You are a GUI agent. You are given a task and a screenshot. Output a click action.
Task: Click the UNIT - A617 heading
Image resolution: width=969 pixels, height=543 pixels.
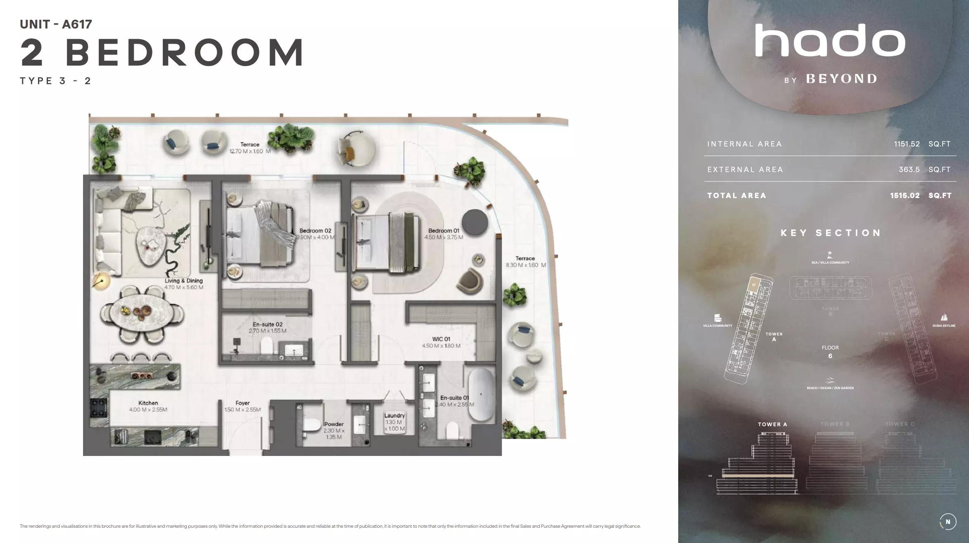pyautogui.click(x=56, y=24)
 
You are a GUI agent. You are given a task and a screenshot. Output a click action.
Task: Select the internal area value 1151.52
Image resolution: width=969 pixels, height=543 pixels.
pyautogui.click(x=907, y=144)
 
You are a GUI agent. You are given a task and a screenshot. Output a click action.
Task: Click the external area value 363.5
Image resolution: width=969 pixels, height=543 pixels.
pyautogui.click(x=909, y=170)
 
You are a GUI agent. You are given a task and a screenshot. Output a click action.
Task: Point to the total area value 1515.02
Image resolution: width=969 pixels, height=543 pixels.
pyautogui.click(x=905, y=196)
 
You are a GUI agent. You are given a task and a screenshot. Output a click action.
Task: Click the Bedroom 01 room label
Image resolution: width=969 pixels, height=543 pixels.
pyautogui.click(x=443, y=231)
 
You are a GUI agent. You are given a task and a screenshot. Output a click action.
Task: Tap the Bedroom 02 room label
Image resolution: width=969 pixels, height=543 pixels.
pyautogui.click(x=315, y=231)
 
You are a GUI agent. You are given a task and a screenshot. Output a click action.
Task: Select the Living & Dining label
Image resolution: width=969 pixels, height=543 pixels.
pyautogui.click(x=183, y=281)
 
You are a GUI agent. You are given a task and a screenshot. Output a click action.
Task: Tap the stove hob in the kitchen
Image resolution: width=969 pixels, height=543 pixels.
pyautogui.click(x=99, y=408)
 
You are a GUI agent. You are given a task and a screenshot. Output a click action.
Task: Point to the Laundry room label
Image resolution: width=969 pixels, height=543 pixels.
pyautogui.click(x=394, y=416)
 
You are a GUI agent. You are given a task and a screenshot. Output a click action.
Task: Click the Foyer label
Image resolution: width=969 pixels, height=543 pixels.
pyautogui.click(x=242, y=403)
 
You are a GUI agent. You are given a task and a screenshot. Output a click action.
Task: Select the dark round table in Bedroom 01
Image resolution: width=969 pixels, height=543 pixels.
pyautogui.click(x=475, y=222)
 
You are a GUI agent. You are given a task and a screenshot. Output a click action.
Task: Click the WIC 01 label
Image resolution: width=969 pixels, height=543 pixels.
pyautogui.click(x=441, y=339)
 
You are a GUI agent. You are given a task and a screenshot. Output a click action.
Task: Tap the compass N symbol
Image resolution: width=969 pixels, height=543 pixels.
pyautogui.click(x=948, y=522)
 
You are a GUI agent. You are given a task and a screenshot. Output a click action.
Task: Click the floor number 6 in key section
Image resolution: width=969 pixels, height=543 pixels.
pyautogui.click(x=830, y=356)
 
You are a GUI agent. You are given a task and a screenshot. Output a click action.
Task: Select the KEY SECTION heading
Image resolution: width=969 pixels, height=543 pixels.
pyautogui.click(x=830, y=233)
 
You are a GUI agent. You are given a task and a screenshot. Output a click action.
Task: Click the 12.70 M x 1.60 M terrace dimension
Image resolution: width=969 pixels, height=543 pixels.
pyautogui.click(x=249, y=151)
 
